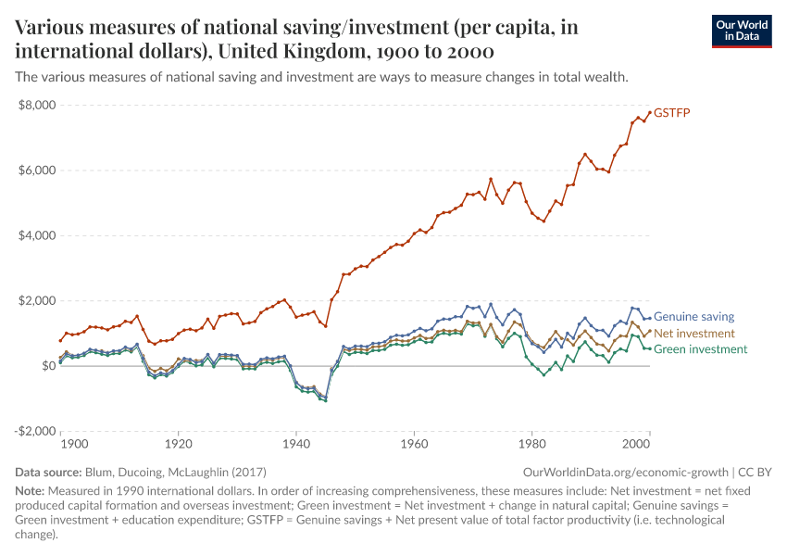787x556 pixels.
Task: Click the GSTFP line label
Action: click(672, 113)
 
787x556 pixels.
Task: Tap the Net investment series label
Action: click(694, 333)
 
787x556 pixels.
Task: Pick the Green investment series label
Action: click(700, 349)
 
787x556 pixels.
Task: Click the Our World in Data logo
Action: click(741, 30)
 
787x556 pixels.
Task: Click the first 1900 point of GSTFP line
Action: click(61, 340)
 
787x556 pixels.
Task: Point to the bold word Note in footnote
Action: click(31, 490)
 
